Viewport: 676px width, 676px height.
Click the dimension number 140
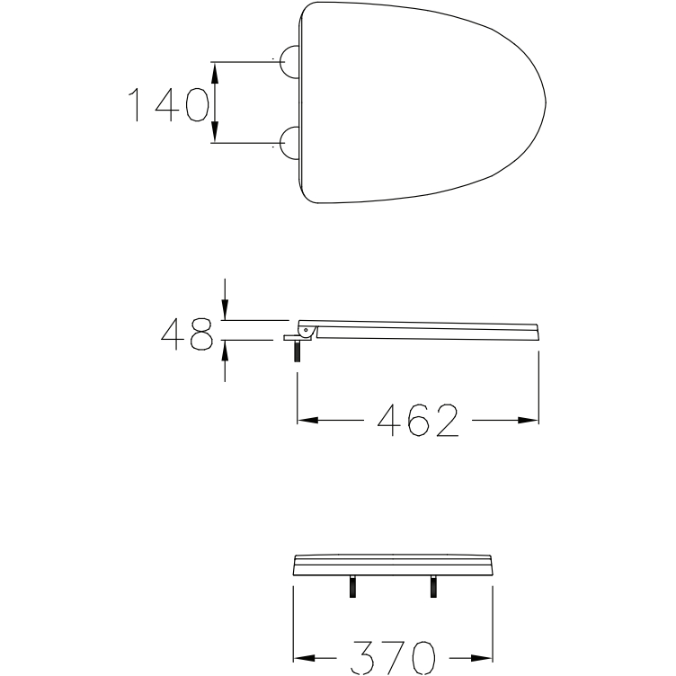pos(169,104)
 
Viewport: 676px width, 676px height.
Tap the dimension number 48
pos(187,334)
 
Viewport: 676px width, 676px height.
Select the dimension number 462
pos(418,420)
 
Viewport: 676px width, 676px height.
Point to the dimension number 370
pos(393,658)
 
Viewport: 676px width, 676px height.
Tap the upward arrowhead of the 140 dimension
pos(215,74)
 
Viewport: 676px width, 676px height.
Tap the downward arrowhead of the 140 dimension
pos(215,131)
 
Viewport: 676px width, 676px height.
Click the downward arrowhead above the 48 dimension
pos(225,309)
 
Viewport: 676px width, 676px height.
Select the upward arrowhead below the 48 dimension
pos(225,351)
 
